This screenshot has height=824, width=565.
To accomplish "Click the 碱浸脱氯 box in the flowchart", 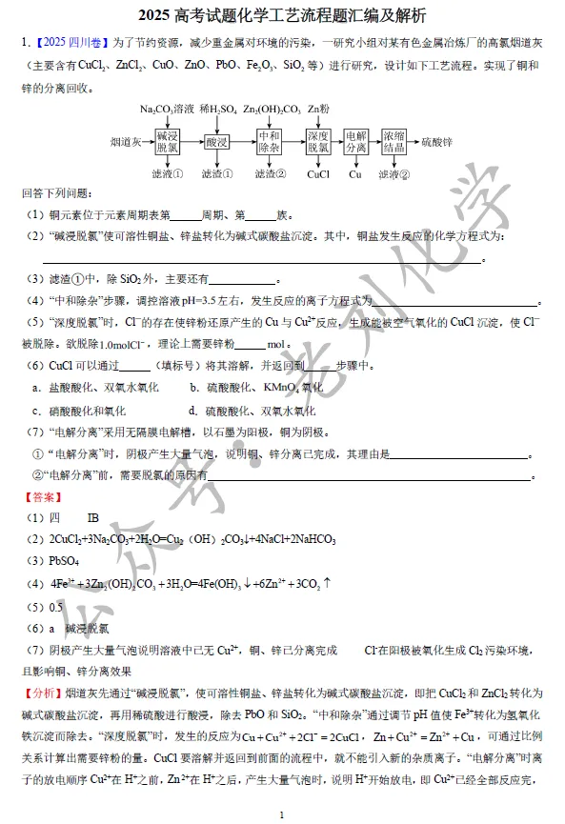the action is [x=168, y=142].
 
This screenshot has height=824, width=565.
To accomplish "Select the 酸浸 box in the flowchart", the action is [x=217, y=142].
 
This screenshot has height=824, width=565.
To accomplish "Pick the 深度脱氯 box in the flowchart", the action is [x=318, y=142].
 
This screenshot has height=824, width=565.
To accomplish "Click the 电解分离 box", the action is [x=355, y=142].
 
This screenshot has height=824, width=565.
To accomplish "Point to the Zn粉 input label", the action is [x=318, y=110].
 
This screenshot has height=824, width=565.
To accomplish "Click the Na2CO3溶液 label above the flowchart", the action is [x=167, y=110].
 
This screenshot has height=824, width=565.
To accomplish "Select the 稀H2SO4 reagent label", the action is [x=217, y=110].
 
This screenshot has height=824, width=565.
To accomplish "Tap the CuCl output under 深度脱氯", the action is [x=318, y=174].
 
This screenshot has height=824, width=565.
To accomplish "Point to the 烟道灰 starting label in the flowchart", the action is [x=125, y=142].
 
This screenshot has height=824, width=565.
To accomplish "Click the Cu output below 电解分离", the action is [x=355, y=174].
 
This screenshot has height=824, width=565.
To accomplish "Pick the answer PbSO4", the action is [x=66, y=560].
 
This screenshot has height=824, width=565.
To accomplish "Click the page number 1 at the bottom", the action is [x=282, y=814].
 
